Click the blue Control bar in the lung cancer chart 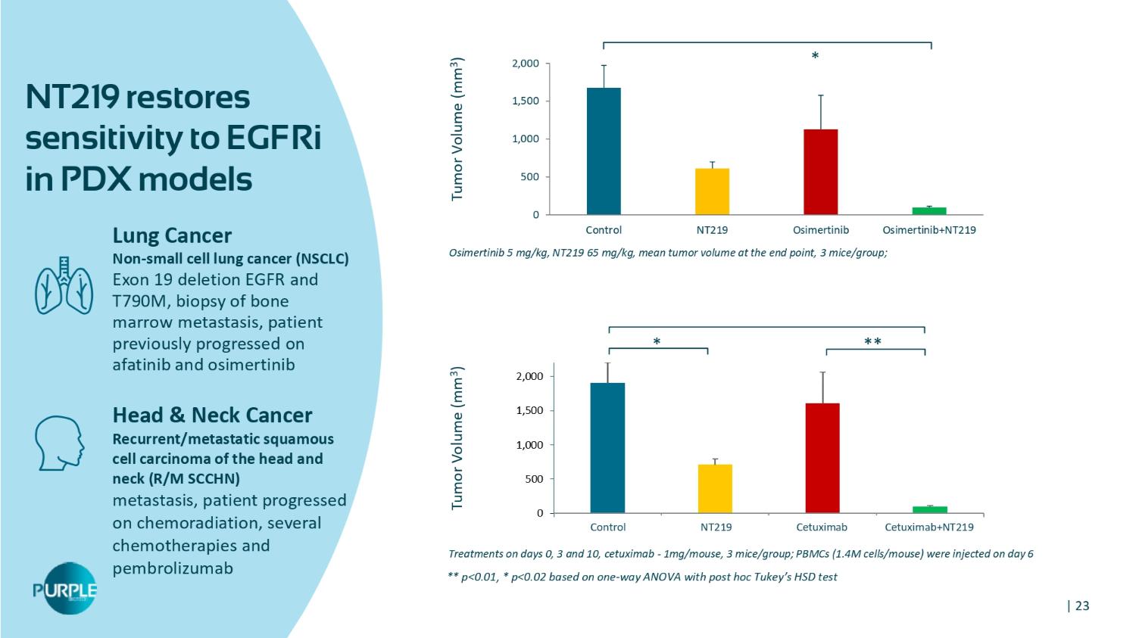604,151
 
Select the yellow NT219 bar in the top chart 712,191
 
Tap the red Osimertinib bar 820,172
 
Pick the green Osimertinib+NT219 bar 928,211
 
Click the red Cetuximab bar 822,458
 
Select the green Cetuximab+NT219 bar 929,509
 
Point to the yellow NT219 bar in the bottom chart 715,489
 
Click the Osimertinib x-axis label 820,230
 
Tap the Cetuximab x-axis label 822,527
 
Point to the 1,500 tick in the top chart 524,101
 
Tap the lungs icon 64,287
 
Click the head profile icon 60,442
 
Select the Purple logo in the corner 65,589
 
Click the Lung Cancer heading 172,235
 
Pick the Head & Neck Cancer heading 212,415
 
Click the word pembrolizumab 173,568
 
